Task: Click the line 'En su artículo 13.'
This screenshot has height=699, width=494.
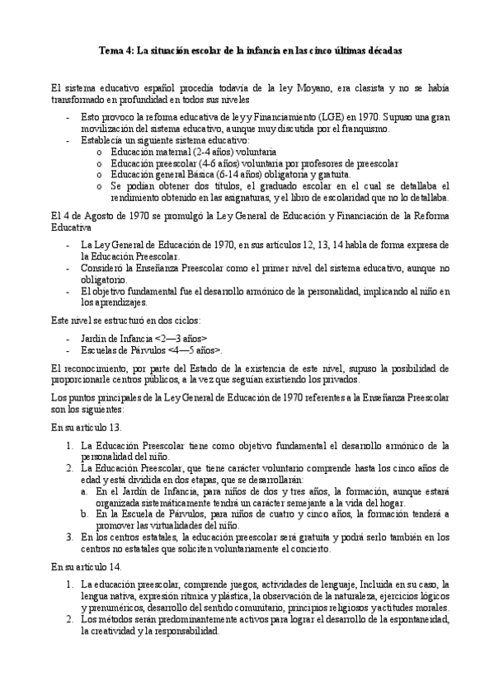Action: (87, 428)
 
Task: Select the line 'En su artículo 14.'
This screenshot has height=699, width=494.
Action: (87, 566)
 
